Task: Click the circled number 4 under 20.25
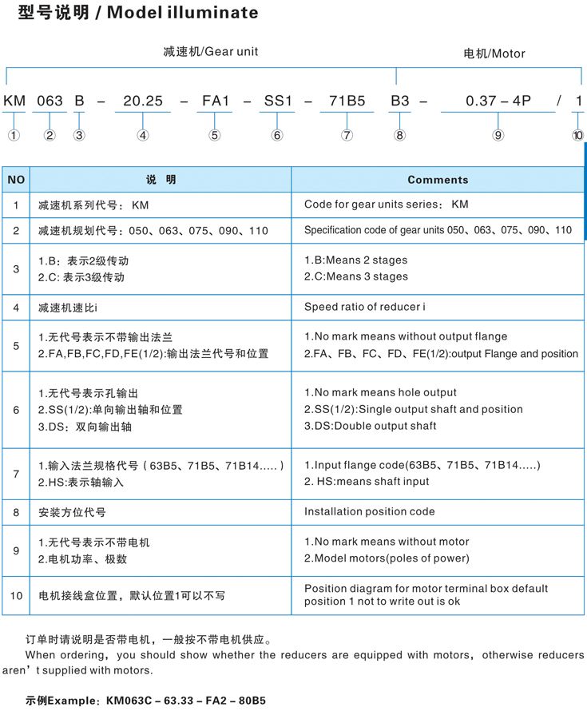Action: point(142,136)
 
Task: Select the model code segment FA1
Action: point(215,101)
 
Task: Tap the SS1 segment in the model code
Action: point(278,101)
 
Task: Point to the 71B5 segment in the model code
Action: point(347,101)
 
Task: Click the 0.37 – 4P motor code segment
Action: point(498,101)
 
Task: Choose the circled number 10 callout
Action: point(577,136)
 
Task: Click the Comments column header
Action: point(438,180)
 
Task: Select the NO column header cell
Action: point(16,180)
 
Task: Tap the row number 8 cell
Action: point(16,511)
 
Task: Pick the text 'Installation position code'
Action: point(370,511)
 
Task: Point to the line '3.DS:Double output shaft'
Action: point(371,426)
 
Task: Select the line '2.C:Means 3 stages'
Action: point(356,276)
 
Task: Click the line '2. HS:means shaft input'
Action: point(367,482)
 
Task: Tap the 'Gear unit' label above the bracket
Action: point(232,52)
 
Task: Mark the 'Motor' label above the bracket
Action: point(509,54)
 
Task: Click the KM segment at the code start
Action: point(15,101)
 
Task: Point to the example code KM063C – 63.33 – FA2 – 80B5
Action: point(185,701)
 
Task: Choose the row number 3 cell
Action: point(16,268)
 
